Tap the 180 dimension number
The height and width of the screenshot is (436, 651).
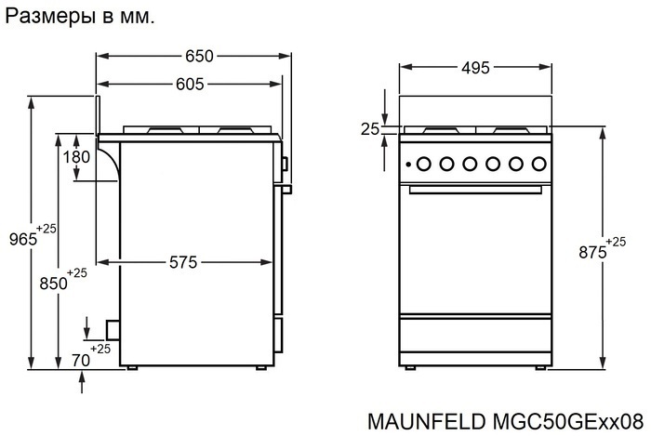(76, 157)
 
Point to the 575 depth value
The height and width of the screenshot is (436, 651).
(182, 263)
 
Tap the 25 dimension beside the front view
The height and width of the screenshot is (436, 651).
(370, 129)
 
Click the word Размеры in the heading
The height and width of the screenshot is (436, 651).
(44, 16)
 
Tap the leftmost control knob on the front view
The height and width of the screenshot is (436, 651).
(423, 165)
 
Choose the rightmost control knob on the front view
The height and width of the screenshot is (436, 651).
(538, 165)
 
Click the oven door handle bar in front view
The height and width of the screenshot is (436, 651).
(474, 192)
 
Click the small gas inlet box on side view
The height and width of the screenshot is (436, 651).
(112, 328)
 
